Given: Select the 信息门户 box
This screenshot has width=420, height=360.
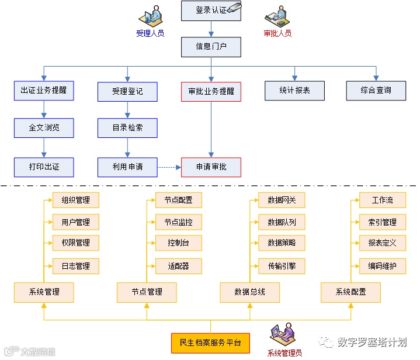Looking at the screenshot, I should pyautogui.click(x=211, y=46).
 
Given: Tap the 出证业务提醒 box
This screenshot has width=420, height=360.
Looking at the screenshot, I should pyautogui.click(x=44, y=91).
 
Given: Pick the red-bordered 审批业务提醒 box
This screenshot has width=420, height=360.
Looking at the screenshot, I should pyautogui.click(x=211, y=91).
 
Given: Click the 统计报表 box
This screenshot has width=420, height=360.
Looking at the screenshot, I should pyautogui.click(x=295, y=91).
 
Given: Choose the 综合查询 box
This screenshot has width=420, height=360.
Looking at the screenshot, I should pyautogui.click(x=376, y=91).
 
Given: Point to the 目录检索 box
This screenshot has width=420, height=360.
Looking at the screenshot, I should pyautogui.click(x=127, y=127).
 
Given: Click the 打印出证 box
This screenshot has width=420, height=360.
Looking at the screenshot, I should pyautogui.click(x=44, y=167).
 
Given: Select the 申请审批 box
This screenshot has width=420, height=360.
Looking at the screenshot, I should pyautogui.click(x=211, y=167).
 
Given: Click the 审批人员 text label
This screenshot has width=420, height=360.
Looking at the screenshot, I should pyautogui.click(x=277, y=33).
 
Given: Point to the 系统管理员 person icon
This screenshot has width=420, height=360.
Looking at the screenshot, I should pyautogui.click(x=280, y=335).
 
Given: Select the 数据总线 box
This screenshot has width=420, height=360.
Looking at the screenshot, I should pyautogui.click(x=249, y=292).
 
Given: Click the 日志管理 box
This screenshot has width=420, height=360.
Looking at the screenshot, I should pyautogui.click(x=76, y=266).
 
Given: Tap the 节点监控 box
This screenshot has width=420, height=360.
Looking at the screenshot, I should pyautogui.click(x=178, y=222).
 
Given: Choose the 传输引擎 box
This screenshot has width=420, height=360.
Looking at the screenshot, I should pyautogui.click(x=282, y=266).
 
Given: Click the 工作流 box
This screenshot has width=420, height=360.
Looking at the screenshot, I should pyautogui.click(x=382, y=200).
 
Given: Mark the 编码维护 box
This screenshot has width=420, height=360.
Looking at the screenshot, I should pyautogui.click(x=382, y=266).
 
